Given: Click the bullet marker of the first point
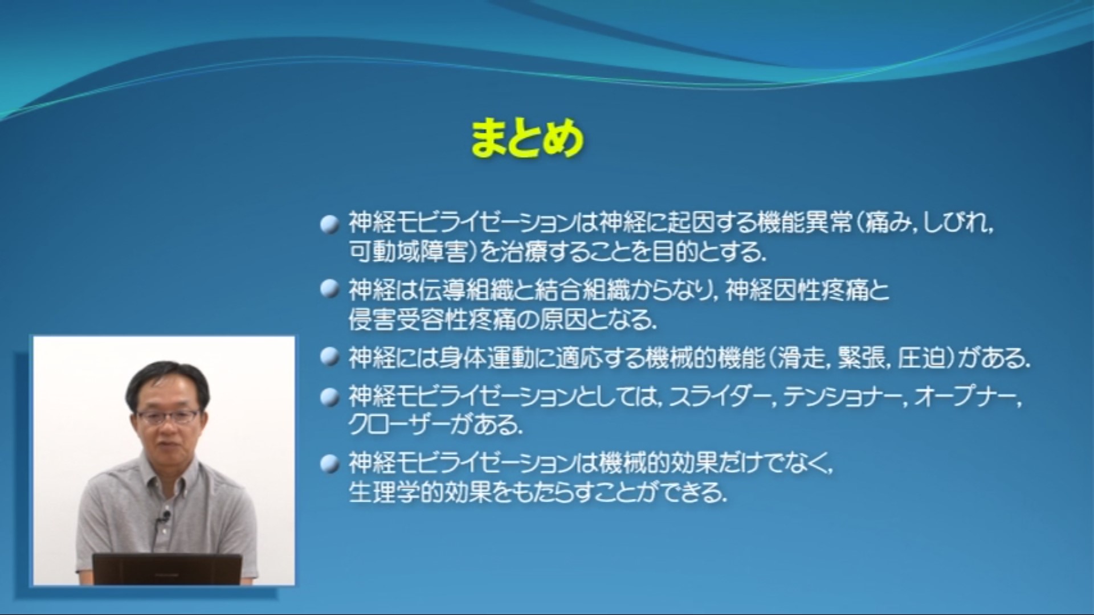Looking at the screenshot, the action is coord(329,224).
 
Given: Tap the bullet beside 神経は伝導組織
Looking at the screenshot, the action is coord(329,289).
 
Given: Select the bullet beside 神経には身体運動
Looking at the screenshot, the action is coord(329,357).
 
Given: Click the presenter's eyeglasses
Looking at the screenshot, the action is coord(168,416).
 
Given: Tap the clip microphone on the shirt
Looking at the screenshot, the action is coord(165,517).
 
